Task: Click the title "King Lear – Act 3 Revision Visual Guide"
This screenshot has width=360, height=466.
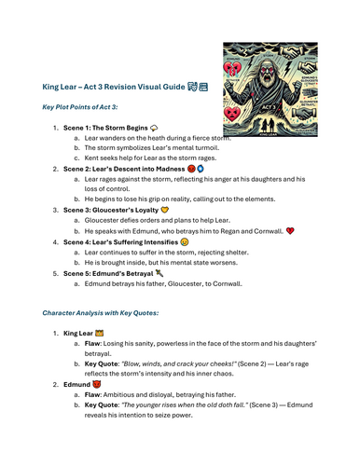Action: (x=112, y=86)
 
